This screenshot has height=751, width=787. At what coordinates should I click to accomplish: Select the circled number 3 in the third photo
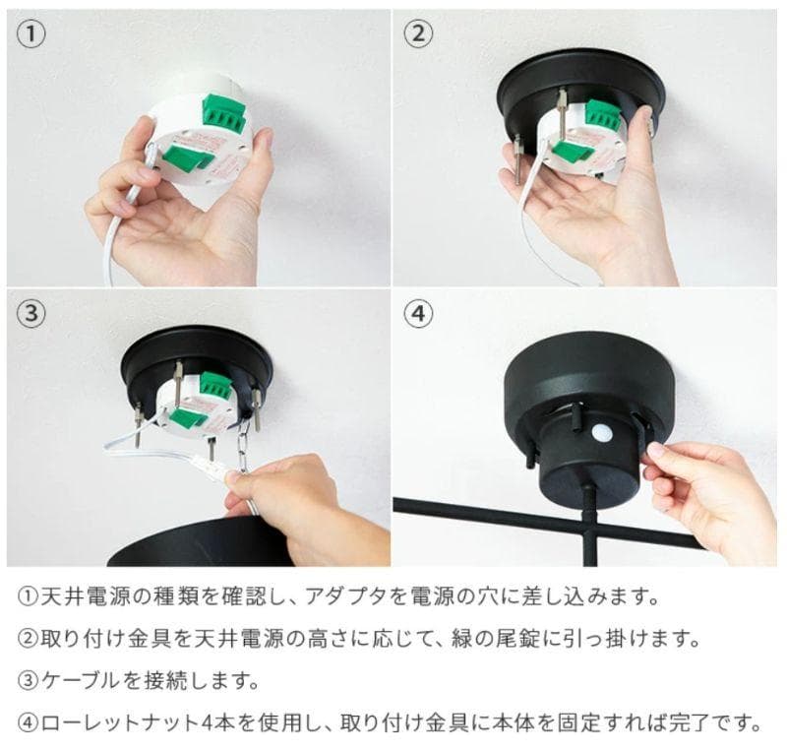(32, 313)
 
